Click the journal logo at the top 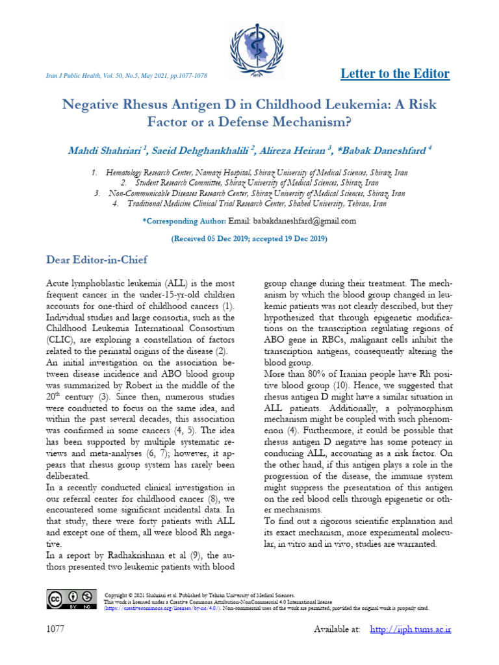click(x=250, y=44)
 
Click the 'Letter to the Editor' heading click(x=395, y=73)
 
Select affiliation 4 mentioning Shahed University click(x=249, y=203)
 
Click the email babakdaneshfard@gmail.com click(x=292, y=221)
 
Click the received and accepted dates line click(x=249, y=239)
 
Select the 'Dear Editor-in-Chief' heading click(x=97, y=260)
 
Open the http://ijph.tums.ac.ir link click(x=410, y=629)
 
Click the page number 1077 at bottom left click(x=57, y=629)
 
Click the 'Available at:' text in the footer click(x=337, y=629)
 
